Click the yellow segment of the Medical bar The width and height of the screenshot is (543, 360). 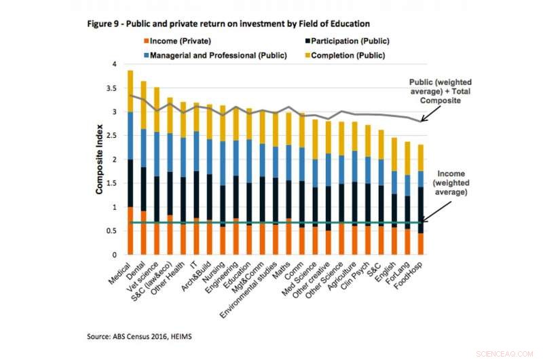129,91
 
